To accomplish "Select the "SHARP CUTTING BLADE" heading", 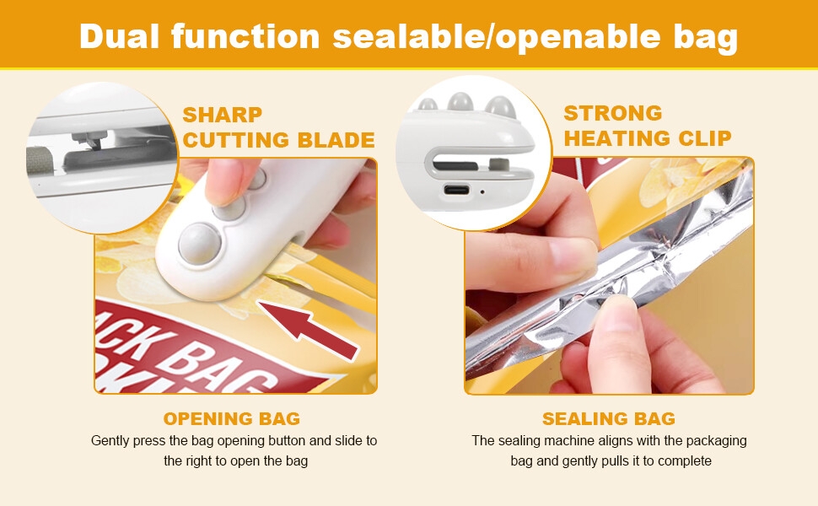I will coord(278,126).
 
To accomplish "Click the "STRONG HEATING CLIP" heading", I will coord(647,125).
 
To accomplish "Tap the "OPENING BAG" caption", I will coord(232,418).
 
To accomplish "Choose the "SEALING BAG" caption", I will coord(608,418).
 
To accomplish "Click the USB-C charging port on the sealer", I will coord(456,189).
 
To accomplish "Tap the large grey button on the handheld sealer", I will coord(199,242).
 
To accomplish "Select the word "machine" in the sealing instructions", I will coord(572,440).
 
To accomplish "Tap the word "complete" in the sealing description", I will coord(682,460).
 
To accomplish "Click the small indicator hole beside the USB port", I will coord(482,191).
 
